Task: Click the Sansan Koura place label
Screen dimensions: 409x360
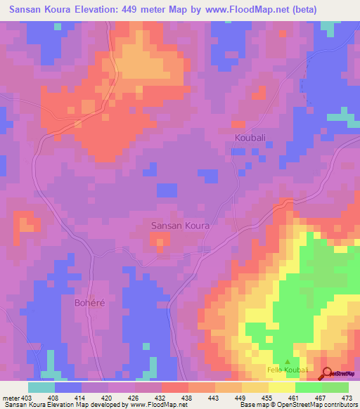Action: [x=181, y=226]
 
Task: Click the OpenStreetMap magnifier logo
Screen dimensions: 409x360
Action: [x=327, y=373]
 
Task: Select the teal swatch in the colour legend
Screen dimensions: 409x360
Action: [x=41, y=387]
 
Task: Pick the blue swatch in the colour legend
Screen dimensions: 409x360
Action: [x=67, y=387]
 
